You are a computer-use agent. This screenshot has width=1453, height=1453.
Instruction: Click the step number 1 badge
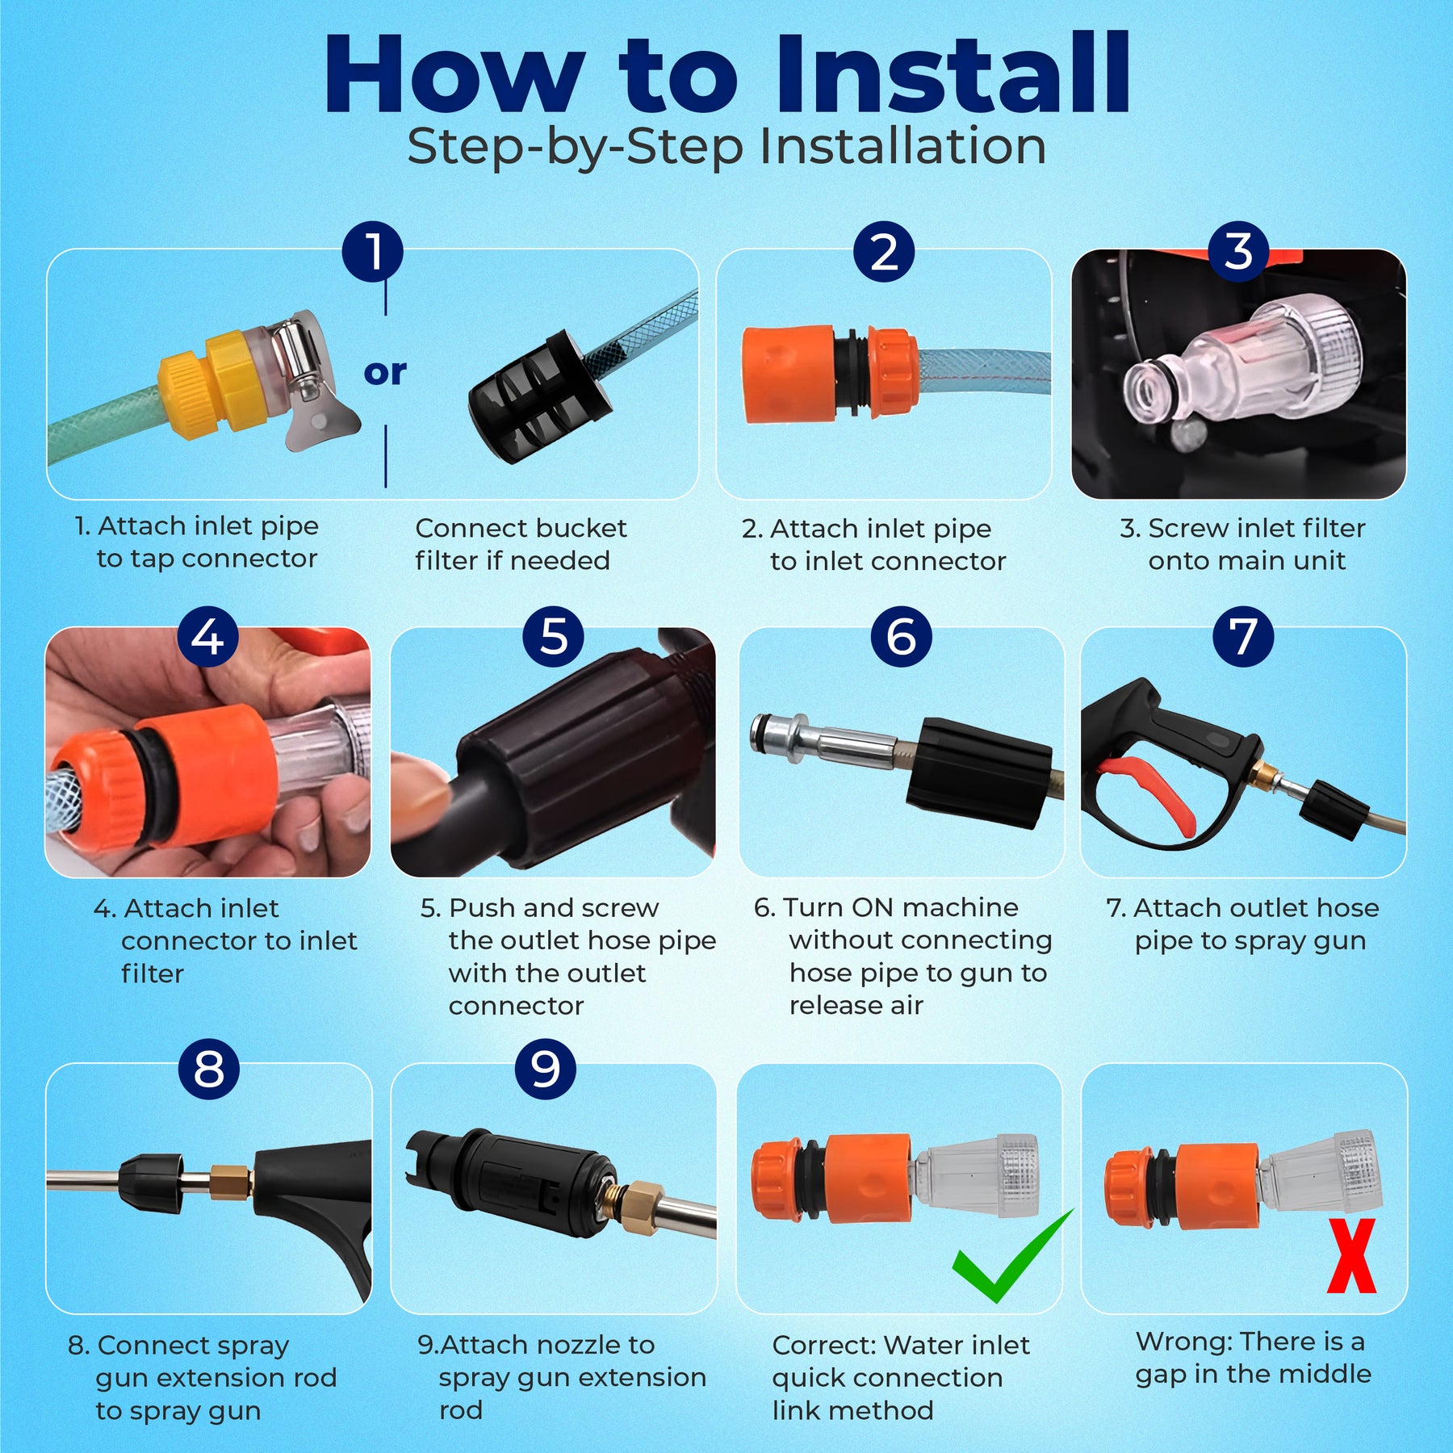(x=373, y=251)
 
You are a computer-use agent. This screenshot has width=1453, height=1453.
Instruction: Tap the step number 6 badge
(x=901, y=636)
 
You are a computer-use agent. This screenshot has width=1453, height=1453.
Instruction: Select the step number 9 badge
(x=546, y=1069)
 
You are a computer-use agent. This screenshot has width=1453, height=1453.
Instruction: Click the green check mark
(x=1012, y=1256)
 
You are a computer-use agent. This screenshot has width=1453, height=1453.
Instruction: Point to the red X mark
(x=1352, y=1256)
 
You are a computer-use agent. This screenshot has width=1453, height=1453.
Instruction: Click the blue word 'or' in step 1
(x=385, y=372)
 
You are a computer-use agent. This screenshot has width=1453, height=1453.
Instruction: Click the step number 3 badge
(x=1239, y=251)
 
